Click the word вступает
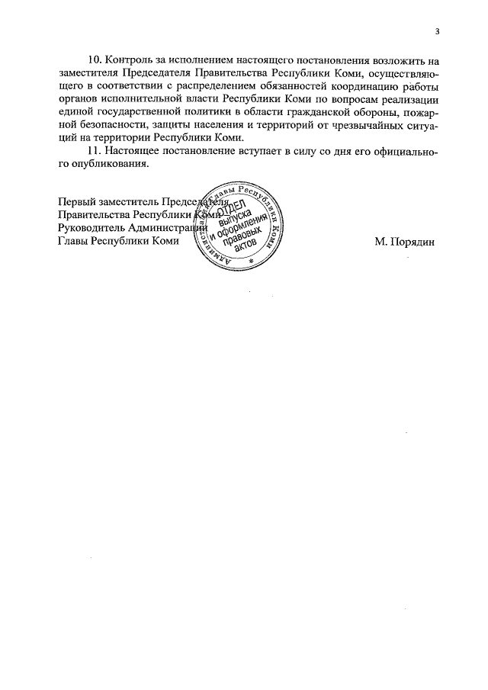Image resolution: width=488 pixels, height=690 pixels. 273,151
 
